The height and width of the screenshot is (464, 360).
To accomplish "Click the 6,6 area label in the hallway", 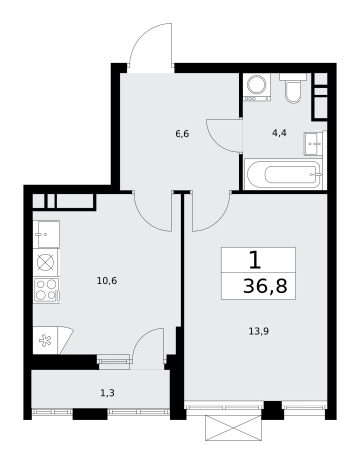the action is tap(182, 134).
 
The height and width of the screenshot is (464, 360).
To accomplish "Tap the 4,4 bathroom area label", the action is tap(279, 133).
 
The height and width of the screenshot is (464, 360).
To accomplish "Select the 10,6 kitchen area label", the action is tap(107, 281).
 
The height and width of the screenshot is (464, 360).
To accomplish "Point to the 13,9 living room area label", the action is tap(258, 331).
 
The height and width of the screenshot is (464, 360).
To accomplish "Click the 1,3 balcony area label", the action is tap(107, 393).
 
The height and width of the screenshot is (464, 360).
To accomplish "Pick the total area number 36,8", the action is tap(265, 287).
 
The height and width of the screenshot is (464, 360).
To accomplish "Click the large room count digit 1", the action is tap(255, 261).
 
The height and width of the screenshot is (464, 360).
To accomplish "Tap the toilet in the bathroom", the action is tap(294, 88).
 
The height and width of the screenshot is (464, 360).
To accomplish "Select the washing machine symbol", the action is tap(257, 87).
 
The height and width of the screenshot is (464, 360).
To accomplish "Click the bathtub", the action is tap(284, 174).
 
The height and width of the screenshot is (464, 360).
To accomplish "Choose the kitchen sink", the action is tap(47, 234).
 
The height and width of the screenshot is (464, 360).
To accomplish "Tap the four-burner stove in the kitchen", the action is tap(47, 290).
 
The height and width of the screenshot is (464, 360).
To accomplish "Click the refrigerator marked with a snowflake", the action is tap(46, 340).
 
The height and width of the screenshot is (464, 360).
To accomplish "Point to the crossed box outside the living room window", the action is tap(235, 428).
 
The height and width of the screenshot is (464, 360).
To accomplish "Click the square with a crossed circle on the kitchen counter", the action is tap(47, 263).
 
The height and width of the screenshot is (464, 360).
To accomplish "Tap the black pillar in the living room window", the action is tap(273, 410).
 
